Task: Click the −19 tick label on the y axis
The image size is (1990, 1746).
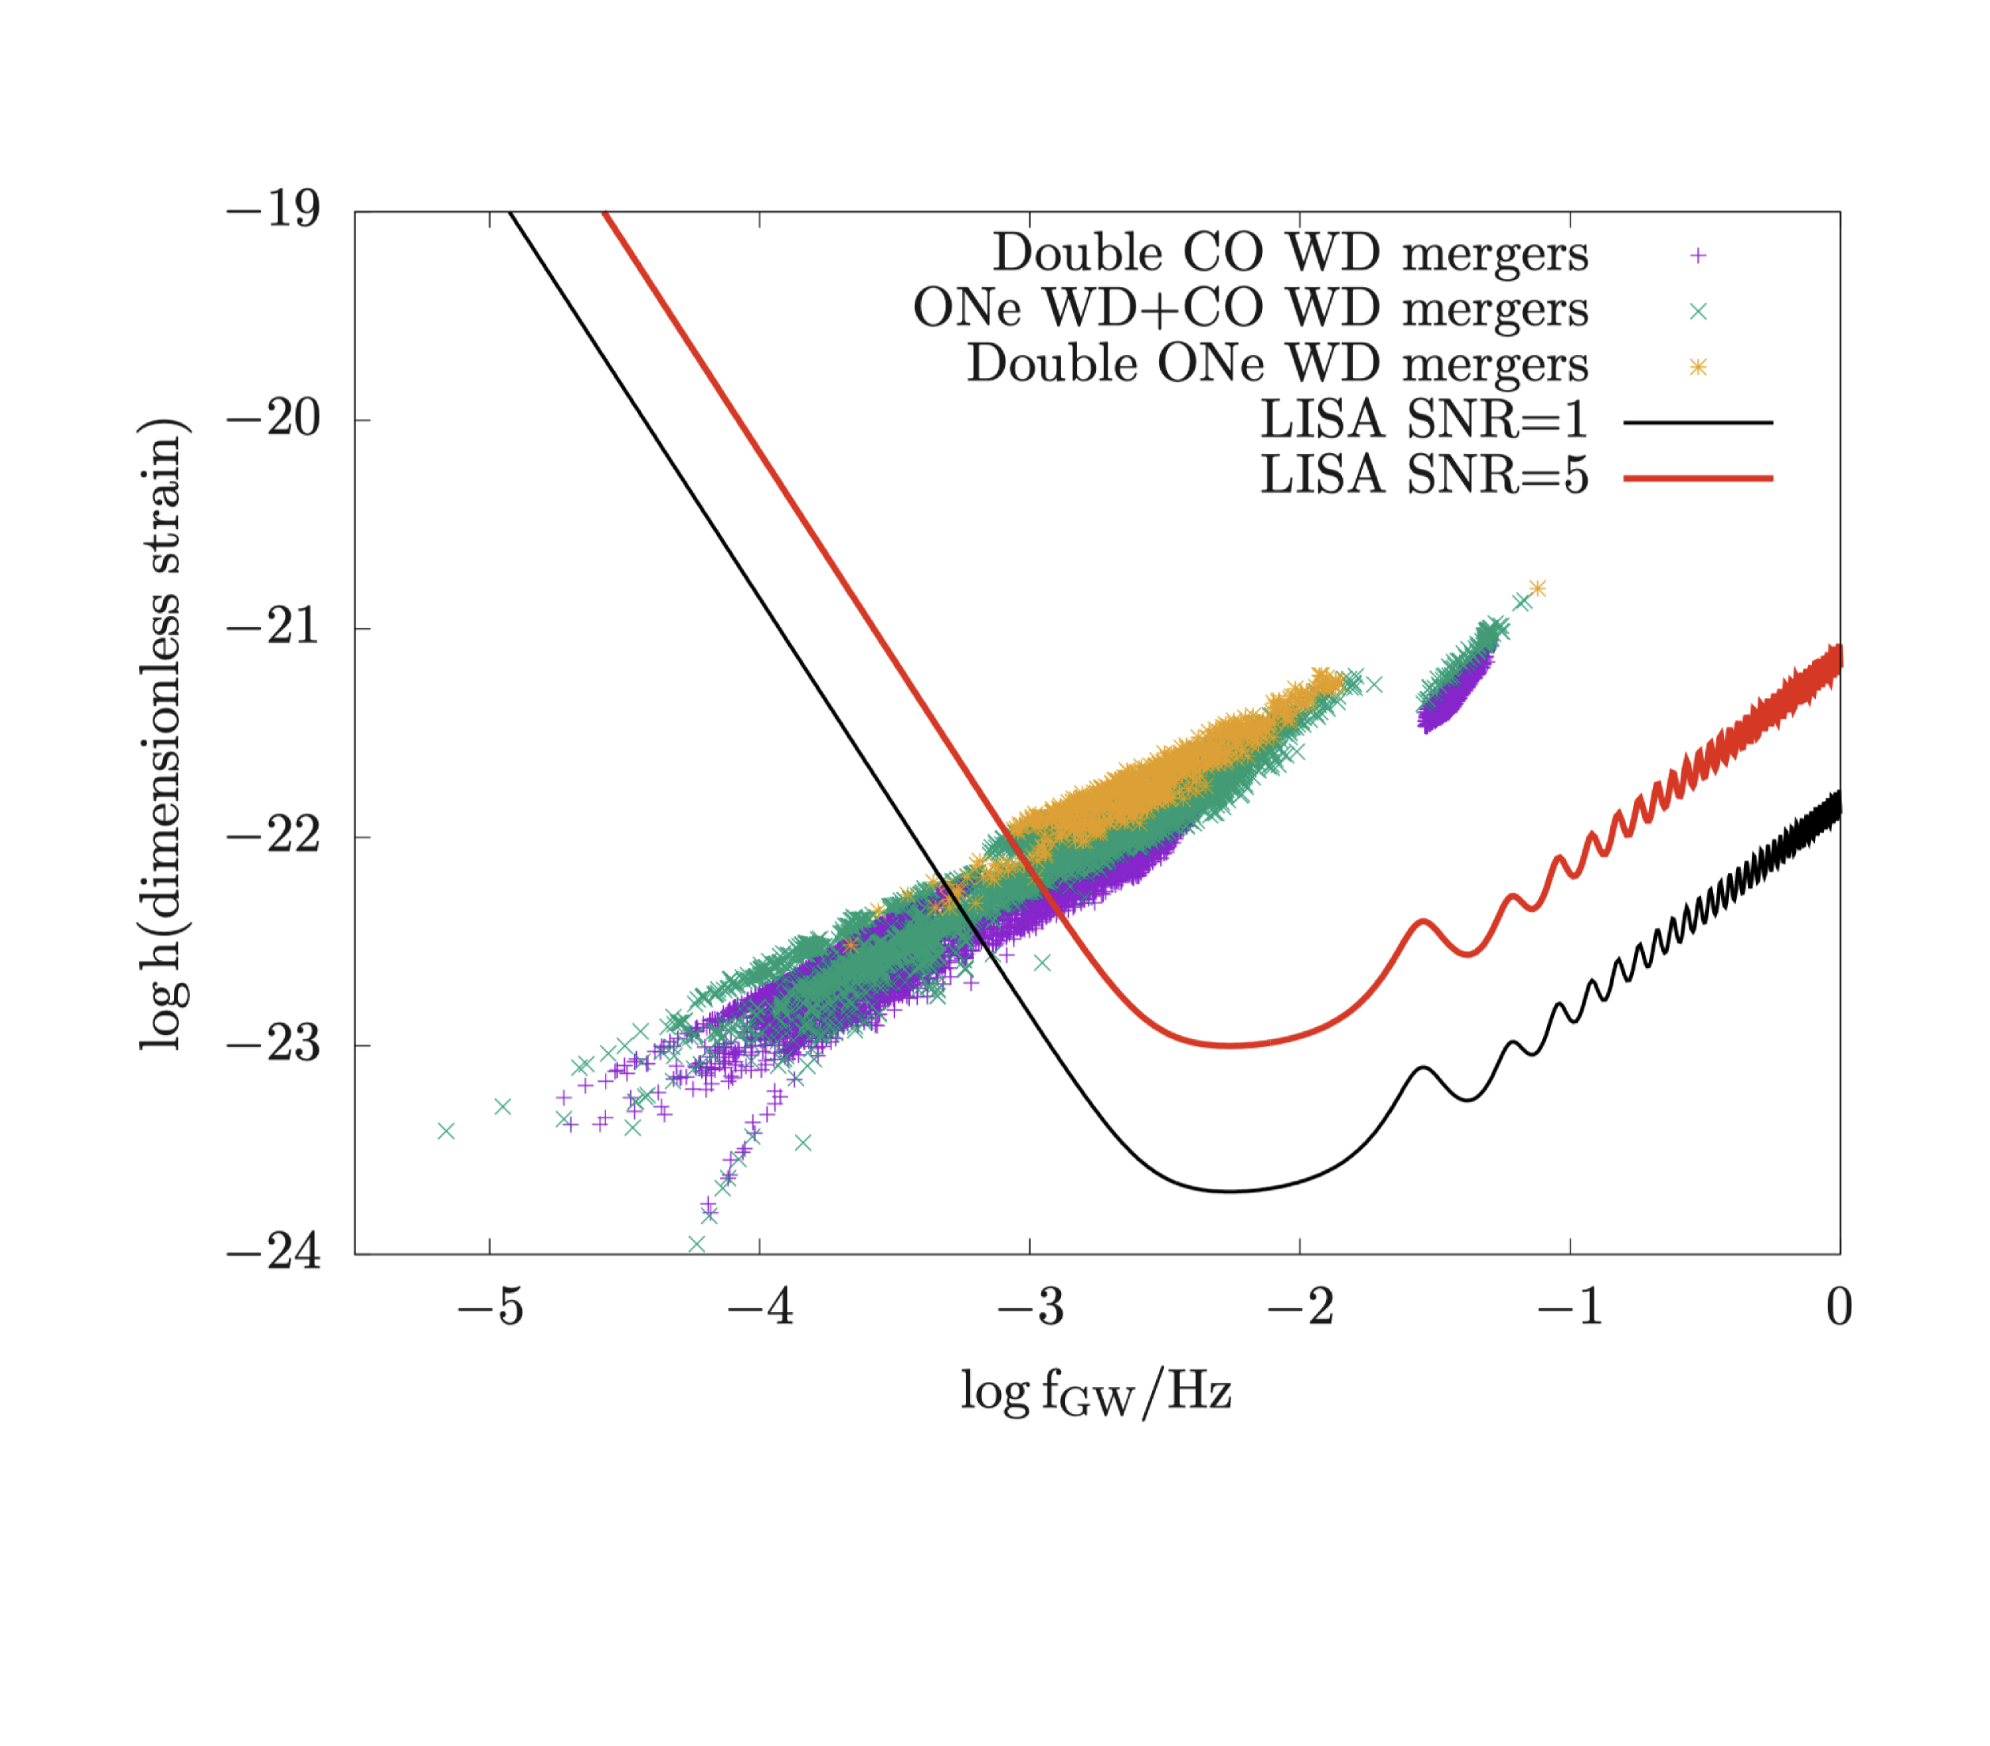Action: pos(274,210)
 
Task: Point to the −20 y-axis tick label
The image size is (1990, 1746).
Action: pos(274,418)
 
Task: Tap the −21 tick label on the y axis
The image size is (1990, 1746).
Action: pos(274,627)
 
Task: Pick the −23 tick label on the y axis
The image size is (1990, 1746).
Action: pos(274,1045)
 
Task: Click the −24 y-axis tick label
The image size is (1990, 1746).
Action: pos(274,1253)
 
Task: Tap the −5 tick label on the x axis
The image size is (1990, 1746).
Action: pos(490,1307)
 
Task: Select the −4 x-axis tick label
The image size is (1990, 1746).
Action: pos(760,1307)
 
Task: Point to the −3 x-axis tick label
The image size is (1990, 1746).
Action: pos(1030,1307)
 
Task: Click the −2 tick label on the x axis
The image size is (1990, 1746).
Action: pos(1300,1307)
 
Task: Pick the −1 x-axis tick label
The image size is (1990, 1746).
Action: pos(1569,1307)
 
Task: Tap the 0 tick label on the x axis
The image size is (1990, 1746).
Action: pos(1839,1307)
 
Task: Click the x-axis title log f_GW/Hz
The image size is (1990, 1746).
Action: pos(1096,1393)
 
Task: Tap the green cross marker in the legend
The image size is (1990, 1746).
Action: pos(1698,312)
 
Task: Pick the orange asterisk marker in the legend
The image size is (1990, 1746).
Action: pos(1698,367)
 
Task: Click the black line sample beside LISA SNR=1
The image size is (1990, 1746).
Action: pos(1698,422)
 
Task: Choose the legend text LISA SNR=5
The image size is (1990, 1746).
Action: pos(1424,477)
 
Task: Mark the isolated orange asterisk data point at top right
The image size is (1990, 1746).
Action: pos(1538,588)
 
